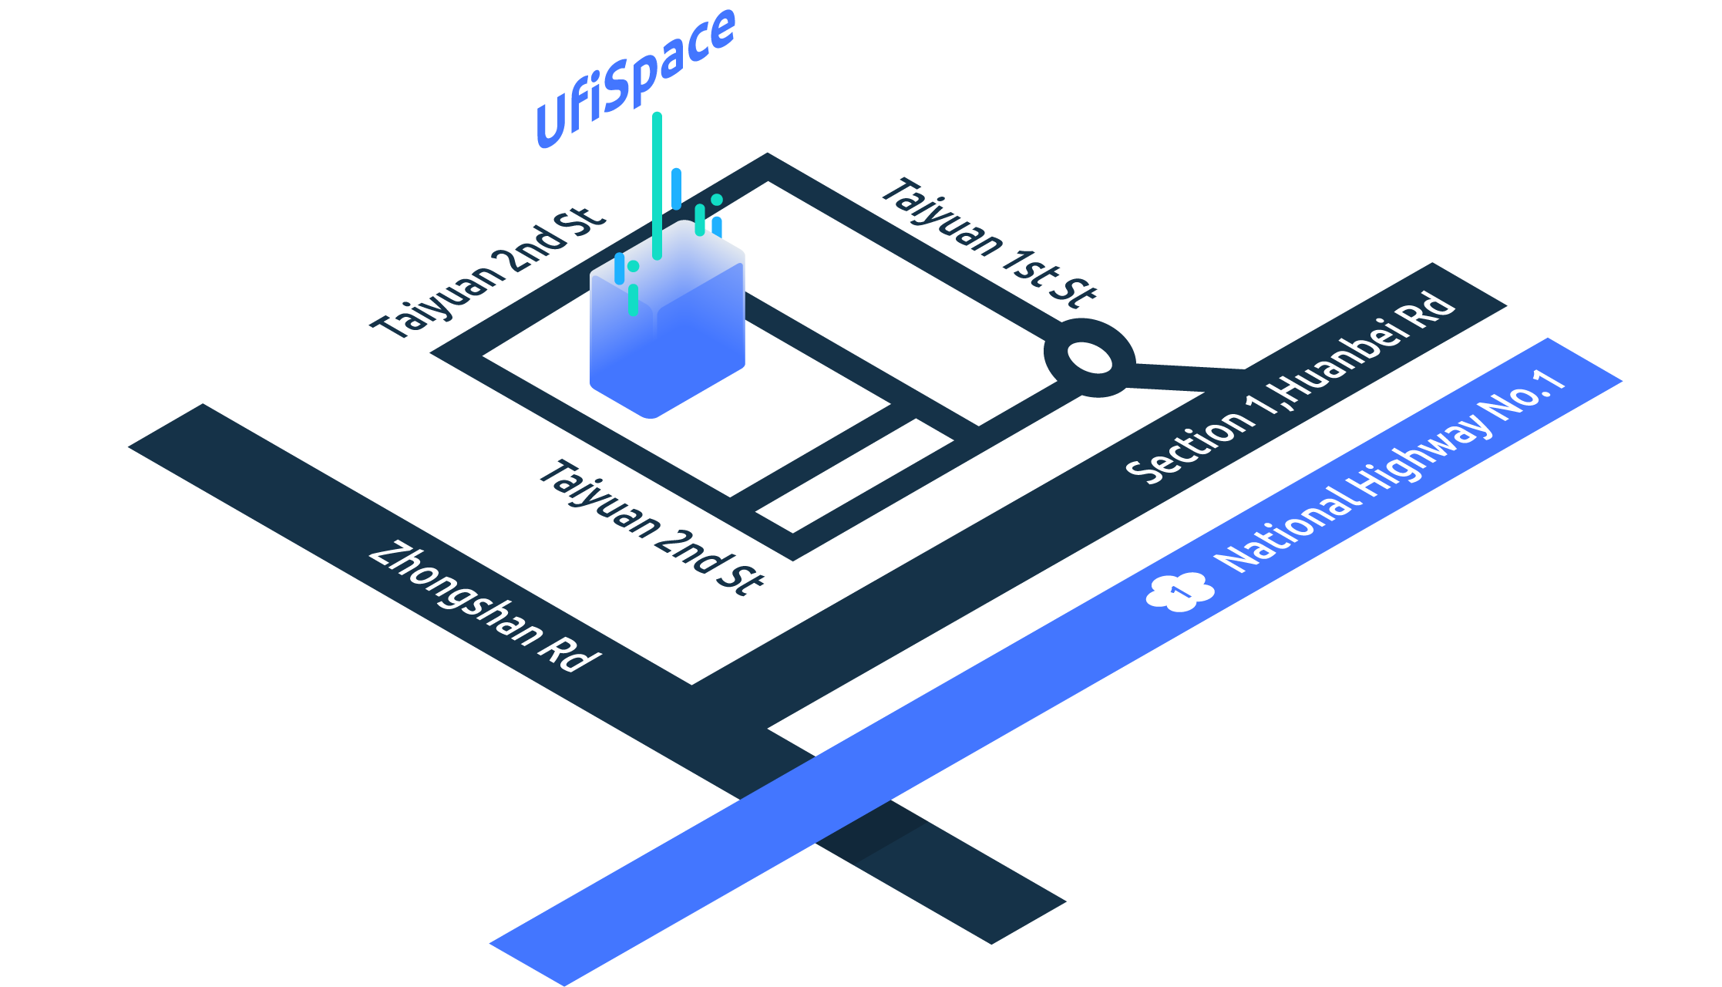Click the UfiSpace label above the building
coord(636,77)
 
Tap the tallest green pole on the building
coord(657,185)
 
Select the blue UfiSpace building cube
coord(668,339)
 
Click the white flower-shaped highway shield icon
coord(1179,592)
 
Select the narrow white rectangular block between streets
coord(855,476)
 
